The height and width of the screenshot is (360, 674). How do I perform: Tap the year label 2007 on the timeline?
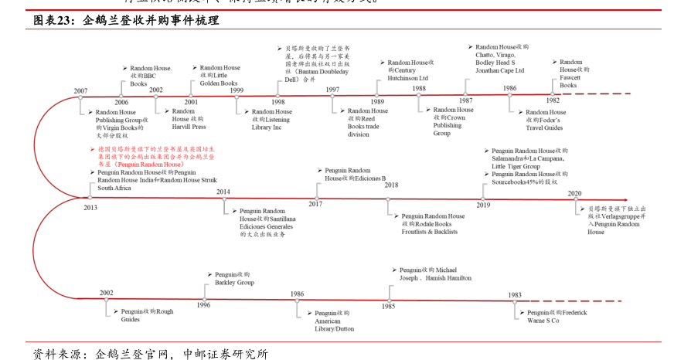coord(81,91)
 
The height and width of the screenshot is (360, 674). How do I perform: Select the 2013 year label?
coord(90,207)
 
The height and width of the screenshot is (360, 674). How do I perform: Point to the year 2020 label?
coord(574,194)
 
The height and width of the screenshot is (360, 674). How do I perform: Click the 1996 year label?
coord(203,304)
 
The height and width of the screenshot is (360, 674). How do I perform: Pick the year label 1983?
coord(515,295)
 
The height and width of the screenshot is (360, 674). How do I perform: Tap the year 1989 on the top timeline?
coord(377,101)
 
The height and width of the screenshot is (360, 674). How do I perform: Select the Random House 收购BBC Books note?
coord(148,76)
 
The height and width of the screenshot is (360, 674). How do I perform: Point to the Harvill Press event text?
coord(189,119)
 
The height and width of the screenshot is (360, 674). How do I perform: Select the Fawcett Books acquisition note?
coord(573,73)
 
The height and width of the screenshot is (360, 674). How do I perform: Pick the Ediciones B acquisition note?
coord(354,174)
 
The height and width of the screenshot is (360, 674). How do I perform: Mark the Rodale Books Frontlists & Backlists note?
coord(432,224)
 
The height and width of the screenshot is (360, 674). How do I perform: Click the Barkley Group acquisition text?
coord(233,278)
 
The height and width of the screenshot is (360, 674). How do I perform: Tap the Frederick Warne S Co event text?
coord(556,316)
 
